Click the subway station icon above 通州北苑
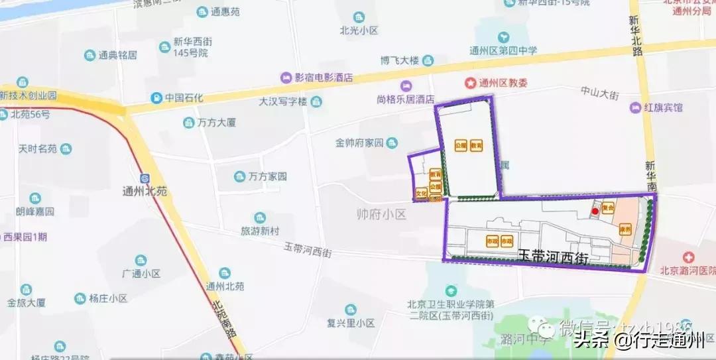145,178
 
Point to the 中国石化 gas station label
184,98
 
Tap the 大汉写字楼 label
283,101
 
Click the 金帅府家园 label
360,143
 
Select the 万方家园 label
267,177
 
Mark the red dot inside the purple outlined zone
595,211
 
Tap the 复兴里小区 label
351,324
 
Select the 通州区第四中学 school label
503,50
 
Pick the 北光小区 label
359,30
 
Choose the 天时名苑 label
37,149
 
